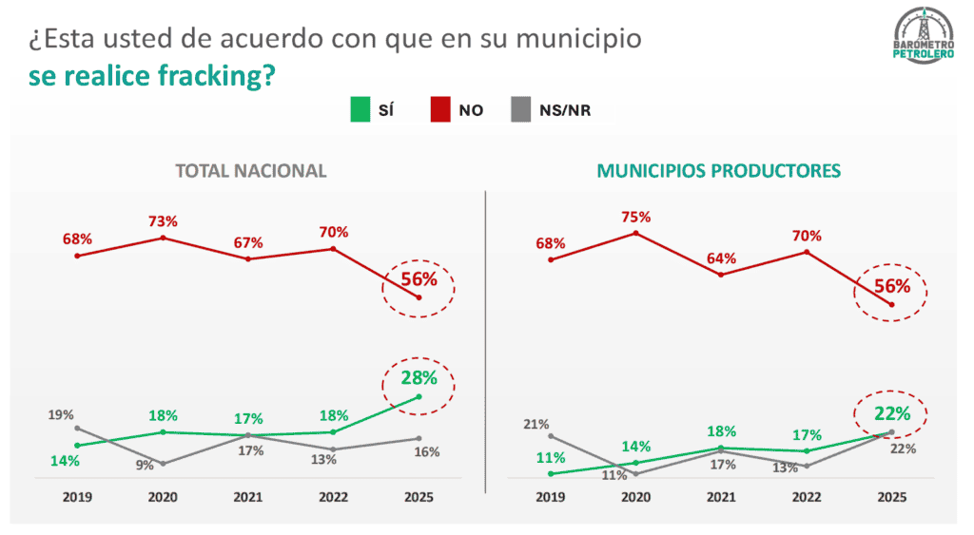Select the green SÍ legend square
359,109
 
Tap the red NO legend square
441,109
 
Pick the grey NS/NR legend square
521,109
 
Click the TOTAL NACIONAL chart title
250,171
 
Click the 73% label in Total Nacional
163,220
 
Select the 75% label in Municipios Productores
635,215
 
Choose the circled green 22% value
892,413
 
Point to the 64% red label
721,258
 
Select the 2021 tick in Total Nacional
247,497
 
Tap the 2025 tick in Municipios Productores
891,497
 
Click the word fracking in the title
204,76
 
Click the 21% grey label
535,424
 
